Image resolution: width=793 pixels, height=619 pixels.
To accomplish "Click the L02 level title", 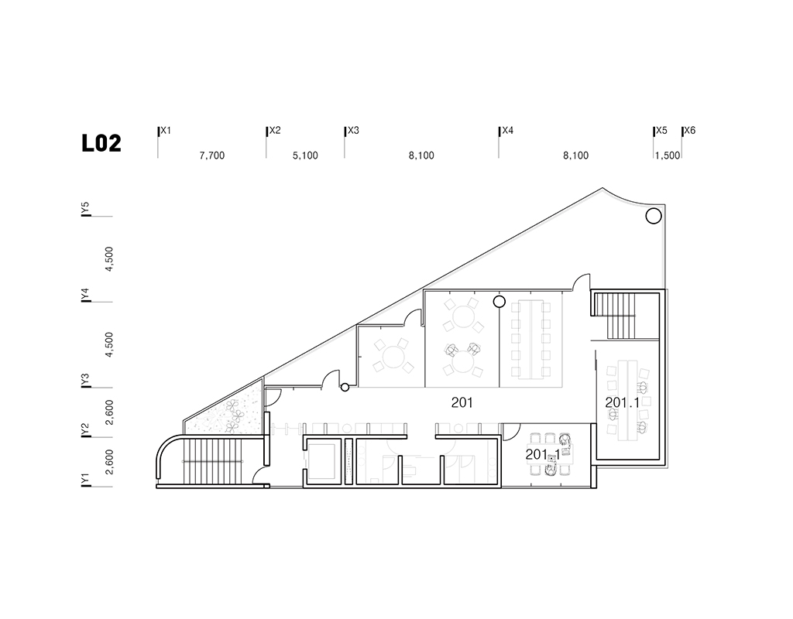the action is [x=101, y=144].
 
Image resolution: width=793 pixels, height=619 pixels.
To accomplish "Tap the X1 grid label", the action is [x=166, y=131].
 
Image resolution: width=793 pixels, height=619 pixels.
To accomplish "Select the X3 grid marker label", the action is [x=353, y=131].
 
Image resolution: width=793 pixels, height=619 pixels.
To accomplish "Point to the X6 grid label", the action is [x=689, y=131].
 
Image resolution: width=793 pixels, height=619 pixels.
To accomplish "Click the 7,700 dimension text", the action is [x=211, y=156].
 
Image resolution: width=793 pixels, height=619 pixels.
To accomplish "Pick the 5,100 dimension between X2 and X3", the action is [x=305, y=156].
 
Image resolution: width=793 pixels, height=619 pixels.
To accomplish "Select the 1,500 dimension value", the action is [x=667, y=156].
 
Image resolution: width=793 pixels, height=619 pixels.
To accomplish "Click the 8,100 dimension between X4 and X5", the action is [x=575, y=156].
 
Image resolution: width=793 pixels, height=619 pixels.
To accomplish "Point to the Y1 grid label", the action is [x=86, y=480].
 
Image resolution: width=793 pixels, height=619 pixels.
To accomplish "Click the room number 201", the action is [x=462, y=402].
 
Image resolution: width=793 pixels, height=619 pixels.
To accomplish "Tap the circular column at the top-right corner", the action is [x=652, y=216].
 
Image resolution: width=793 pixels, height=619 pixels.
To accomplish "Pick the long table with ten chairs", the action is [x=530, y=340].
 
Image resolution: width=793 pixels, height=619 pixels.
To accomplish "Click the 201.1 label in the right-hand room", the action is [x=623, y=402].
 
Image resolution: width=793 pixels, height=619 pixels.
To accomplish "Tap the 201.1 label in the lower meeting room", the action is [x=541, y=454].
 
